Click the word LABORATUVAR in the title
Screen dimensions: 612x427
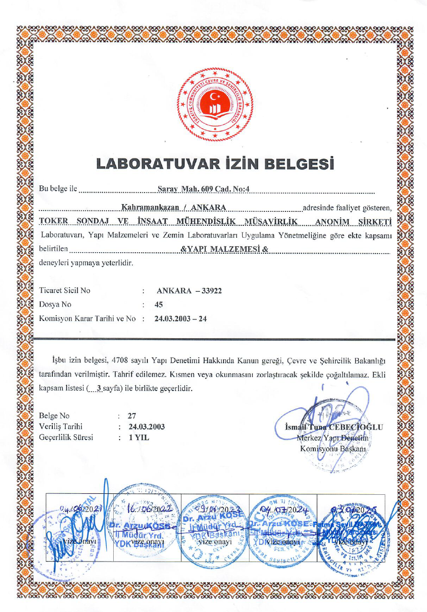[x=165, y=163]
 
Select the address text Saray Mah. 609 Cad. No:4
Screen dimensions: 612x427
[x=204, y=189]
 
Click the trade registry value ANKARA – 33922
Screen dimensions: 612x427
[x=189, y=291]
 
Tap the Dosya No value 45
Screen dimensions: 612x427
[x=159, y=304]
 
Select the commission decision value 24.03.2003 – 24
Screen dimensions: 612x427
[x=181, y=318]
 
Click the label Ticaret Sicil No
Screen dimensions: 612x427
[x=64, y=291]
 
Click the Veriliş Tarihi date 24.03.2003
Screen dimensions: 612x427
[x=146, y=427]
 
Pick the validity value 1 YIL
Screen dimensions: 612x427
[x=139, y=437]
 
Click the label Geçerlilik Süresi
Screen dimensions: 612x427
[x=66, y=437]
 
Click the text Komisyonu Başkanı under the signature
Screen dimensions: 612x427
[x=333, y=449]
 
